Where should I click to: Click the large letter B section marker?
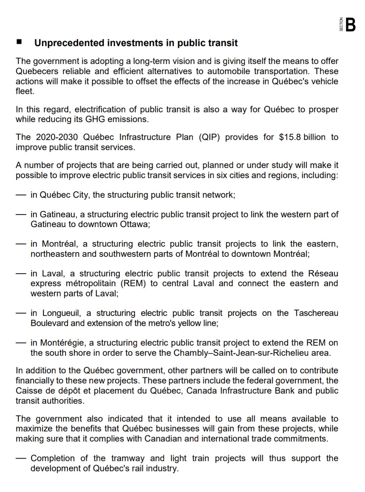coord(351,25)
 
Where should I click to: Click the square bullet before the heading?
coord(19,43)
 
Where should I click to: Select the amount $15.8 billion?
coord(302,137)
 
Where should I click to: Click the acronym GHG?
coord(96,119)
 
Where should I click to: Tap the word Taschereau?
coord(316,313)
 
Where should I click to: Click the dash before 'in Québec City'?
coord(21,195)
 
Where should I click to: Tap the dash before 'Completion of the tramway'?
coord(21,459)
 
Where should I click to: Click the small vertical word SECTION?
coord(341,25)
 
